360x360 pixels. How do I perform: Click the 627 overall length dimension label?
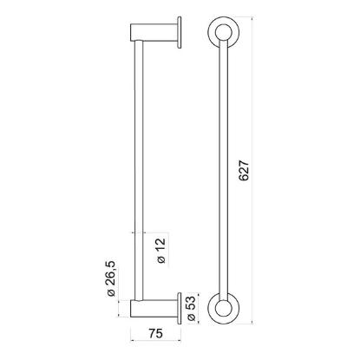(x=245, y=170)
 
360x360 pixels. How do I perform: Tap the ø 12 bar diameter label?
(x=161, y=251)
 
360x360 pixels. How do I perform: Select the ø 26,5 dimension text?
(x=111, y=278)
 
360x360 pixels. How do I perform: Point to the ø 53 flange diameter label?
(x=192, y=309)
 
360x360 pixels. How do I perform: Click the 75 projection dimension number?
(x=156, y=333)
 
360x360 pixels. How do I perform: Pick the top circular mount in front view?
(x=223, y=31)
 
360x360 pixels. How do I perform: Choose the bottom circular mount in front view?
(x=223, y=309)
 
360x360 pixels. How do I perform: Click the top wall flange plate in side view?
(x=180, y=32)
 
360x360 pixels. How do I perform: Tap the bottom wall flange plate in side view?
(x=180, y=309)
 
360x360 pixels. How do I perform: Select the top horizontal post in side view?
(x=154, y=32)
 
